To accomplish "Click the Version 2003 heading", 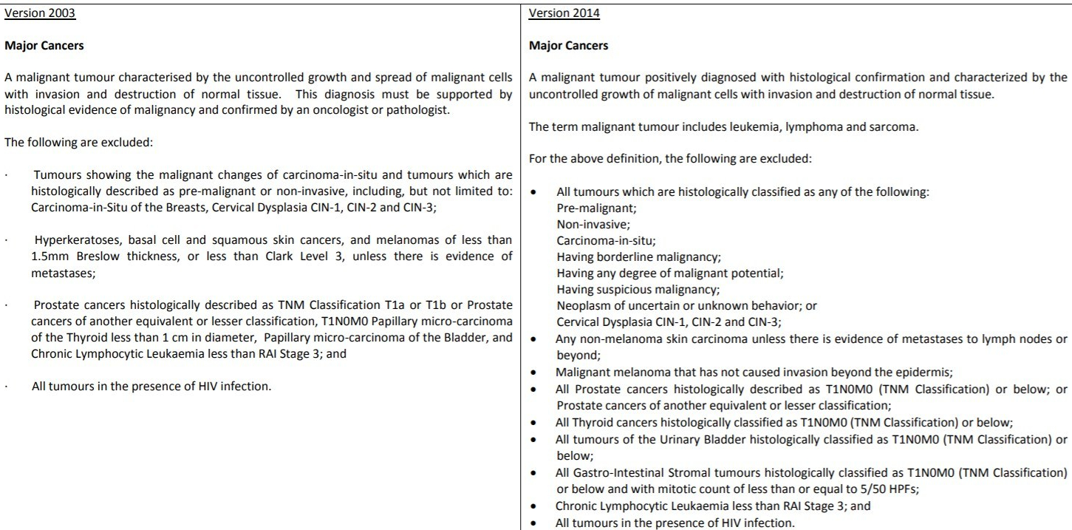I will tap(39, 13).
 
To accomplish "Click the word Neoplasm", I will tap(581, 305).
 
